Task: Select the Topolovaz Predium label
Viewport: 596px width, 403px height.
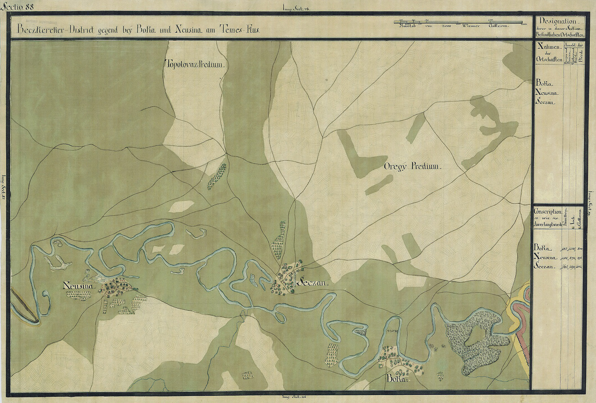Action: [x=195, y=65]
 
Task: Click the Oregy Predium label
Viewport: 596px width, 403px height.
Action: [x=412, y=167]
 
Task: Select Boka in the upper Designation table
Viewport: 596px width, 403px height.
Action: [x=544, y=84]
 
